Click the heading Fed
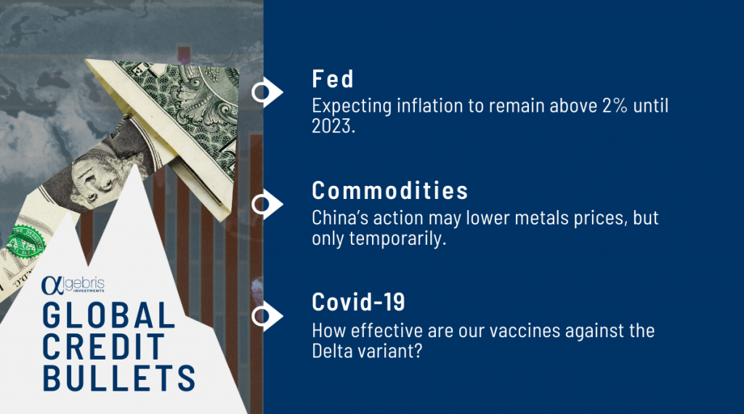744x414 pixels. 333,78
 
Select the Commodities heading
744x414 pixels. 390,190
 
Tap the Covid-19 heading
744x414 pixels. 358,302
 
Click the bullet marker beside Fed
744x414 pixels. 267,92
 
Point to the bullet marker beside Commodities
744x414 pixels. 267,204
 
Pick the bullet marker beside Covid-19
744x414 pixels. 267,316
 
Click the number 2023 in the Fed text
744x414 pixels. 331,126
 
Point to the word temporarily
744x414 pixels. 397,238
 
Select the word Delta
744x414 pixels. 329,352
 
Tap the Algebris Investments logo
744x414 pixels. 73,285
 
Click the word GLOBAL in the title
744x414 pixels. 109,315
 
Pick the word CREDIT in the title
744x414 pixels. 103,346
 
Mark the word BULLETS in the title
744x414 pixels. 118,378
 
